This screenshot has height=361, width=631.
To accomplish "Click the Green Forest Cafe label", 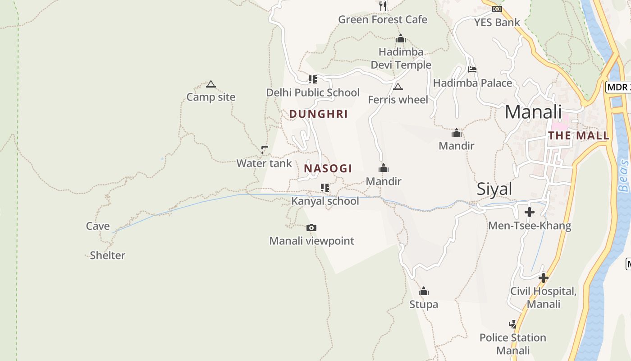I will tap(382, 20).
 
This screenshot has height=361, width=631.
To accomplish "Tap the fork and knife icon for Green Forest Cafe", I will tap(383, 6).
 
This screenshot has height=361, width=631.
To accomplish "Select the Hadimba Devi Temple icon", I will tap(400, 39).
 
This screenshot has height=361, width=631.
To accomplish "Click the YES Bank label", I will tap(497, 23).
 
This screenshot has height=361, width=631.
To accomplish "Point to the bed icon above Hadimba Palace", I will tap(472, 69).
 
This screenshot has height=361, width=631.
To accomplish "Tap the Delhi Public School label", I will tap(313, 93).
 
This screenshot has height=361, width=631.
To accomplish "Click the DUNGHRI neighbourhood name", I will tap(318, 114).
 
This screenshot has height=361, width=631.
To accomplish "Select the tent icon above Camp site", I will tap(210, 84).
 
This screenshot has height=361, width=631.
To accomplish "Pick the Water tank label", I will tap(264, 163).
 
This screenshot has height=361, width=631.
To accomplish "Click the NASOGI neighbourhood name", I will tap(328, 169).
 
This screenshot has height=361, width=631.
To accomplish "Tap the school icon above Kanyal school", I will tap(325, 187).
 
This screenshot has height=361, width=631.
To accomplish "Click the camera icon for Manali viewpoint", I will tap(311, 227).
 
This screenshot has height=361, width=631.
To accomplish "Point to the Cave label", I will tap(98, 226).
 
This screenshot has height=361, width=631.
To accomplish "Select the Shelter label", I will tap(107, 255).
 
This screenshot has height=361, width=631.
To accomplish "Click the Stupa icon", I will tap(423, 291).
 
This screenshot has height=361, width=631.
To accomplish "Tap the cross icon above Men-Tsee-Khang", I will tap(530, 212).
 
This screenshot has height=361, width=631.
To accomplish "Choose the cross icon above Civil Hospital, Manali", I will tap(544, 278).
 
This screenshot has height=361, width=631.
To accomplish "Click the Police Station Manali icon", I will tap(512, 324).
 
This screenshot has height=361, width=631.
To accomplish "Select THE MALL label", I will tap(578, 135).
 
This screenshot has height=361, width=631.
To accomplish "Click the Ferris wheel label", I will tap(398, 100).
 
